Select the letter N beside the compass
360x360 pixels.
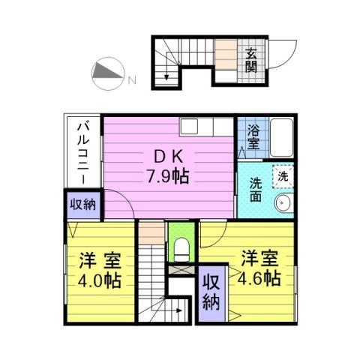[x=130, y=79]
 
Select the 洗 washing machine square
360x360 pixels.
[x=282, y=176]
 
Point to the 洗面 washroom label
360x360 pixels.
[x=256, y=190]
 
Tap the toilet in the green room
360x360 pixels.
[x=180, y=249]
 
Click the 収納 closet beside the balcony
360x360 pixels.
[x=82, y=205]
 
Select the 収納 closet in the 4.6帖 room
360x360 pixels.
[x=212, y=292]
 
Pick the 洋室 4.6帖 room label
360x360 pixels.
[x=261, y=268]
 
